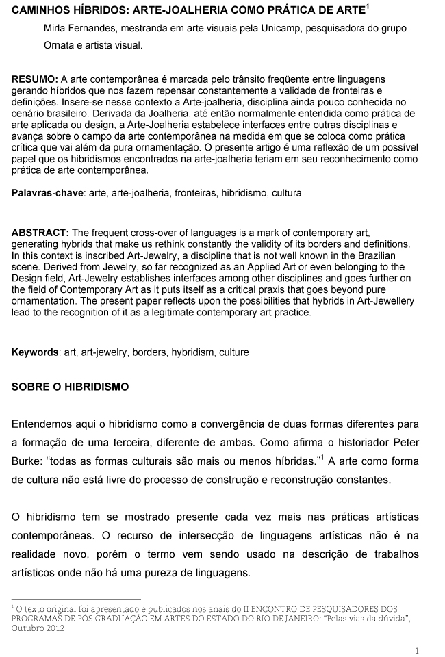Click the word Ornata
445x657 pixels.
(59, 45)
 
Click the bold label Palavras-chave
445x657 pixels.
(47, 194)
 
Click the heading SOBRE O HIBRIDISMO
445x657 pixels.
(70, 387)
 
